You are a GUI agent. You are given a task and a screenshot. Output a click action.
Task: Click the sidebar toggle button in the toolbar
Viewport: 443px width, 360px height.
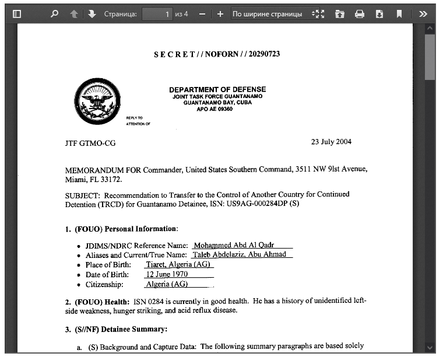click(x=17, y=13)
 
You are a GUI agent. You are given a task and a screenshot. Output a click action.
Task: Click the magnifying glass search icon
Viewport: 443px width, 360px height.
click(x=54, y=13)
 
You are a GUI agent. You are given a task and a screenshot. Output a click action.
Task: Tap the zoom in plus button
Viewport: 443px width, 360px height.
click(x=220, y=13)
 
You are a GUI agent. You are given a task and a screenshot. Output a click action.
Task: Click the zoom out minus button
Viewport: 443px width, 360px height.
click(x=202, y=13)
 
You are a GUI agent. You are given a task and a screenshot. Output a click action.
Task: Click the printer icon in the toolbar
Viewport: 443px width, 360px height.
click(x=360, y=13)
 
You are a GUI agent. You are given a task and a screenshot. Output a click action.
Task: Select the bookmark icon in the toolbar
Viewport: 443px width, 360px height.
click(x=399, y=13)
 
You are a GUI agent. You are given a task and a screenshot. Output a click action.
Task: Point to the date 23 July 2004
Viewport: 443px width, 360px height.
click(x=331, y=142)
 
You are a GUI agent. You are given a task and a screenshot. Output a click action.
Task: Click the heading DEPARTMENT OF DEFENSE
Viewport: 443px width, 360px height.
click(x=217, y=89)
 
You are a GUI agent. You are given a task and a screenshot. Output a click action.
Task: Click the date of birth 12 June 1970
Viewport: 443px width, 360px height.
click(x=168, y=274)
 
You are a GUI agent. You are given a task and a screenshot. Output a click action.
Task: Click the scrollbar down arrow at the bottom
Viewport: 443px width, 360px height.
click(x=430, y=348)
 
